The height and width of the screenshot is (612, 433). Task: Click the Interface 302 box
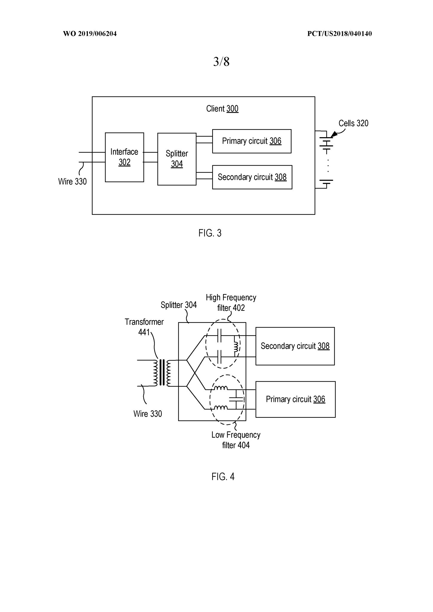(124, 157)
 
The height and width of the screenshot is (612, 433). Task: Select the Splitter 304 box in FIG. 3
(177, 159)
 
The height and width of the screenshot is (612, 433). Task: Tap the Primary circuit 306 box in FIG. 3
(252, 141)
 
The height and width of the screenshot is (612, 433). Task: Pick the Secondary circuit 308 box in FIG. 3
(252, 177)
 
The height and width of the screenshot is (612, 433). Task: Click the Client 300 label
(222, 108)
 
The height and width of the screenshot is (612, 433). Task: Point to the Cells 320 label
(353, 123)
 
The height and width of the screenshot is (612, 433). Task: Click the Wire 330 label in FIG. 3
(72, 181)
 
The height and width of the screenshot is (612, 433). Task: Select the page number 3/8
(221, 62)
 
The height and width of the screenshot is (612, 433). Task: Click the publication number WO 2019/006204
(90, 34)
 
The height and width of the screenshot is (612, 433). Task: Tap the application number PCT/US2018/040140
(339, 34)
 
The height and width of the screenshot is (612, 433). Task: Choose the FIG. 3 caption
(210, 233)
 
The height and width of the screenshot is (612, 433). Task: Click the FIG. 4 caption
(223, 477)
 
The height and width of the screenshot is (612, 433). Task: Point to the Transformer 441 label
(144, 327)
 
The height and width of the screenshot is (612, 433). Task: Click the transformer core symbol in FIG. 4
(162, 373)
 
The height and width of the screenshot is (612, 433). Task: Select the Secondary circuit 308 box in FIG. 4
(295, 346)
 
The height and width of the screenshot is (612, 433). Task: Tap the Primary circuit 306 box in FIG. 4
(295, 399)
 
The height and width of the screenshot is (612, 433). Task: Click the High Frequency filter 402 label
(231, 302)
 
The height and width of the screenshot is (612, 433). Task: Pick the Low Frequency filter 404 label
(236, 440)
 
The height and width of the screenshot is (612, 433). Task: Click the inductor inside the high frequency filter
(236, 346)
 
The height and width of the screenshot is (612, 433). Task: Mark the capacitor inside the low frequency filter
(236, 399)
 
